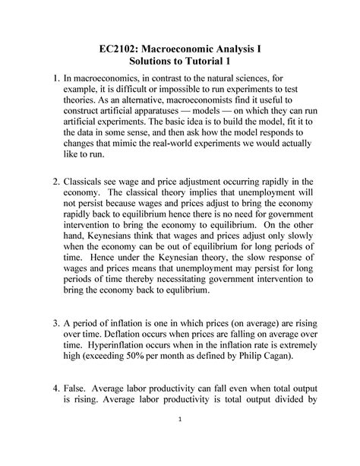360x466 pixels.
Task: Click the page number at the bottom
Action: tap(180, 440)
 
